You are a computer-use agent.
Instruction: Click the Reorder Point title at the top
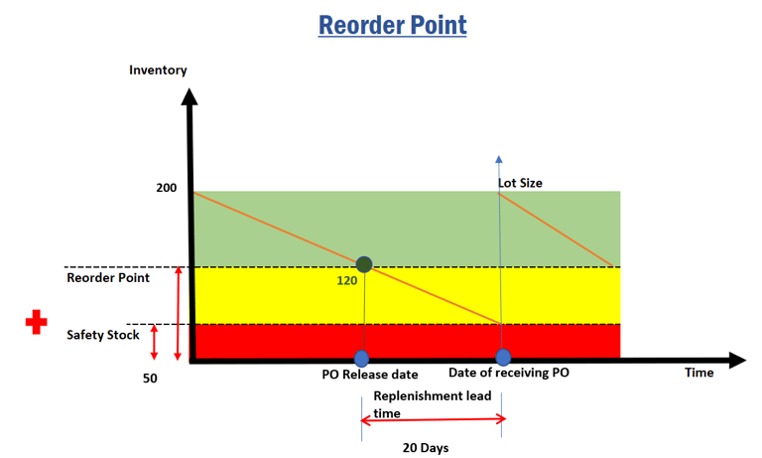392,25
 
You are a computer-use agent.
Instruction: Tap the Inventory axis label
158,70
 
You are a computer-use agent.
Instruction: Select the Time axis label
698,373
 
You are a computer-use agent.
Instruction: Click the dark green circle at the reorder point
364,264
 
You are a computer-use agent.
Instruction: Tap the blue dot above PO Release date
361,358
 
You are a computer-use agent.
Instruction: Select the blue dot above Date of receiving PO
503,357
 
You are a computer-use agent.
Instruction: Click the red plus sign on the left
37,322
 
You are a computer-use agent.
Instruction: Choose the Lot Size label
520,183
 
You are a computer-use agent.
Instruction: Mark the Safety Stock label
103,335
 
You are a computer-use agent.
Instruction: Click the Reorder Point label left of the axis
108,277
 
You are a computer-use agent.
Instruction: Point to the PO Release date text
370,375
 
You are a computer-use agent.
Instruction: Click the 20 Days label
426,447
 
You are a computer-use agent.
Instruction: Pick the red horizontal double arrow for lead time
433,421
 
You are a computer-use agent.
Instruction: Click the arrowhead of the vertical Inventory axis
190,96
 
